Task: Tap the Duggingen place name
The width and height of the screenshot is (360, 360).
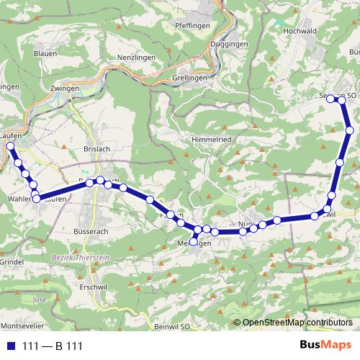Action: click(x=230, y=44)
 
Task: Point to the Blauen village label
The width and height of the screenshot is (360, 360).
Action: click(x=45, y=53)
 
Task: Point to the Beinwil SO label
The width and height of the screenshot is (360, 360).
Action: click(x=171, y=326)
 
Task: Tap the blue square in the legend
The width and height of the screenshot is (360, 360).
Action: click(x=10, y=346)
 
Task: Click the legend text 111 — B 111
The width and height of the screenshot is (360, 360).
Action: click(x=53, y=346)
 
